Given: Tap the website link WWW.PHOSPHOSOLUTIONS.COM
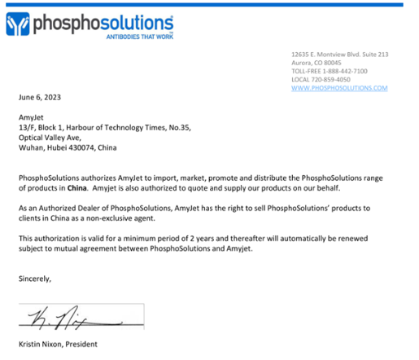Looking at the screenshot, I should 338,88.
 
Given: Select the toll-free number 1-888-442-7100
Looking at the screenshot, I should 348,71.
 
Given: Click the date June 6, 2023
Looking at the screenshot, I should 40,97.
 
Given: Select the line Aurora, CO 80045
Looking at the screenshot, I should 316,63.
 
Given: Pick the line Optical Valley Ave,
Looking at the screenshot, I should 52,138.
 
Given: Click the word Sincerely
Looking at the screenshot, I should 35,279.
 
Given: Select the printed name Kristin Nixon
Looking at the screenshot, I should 44,345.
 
